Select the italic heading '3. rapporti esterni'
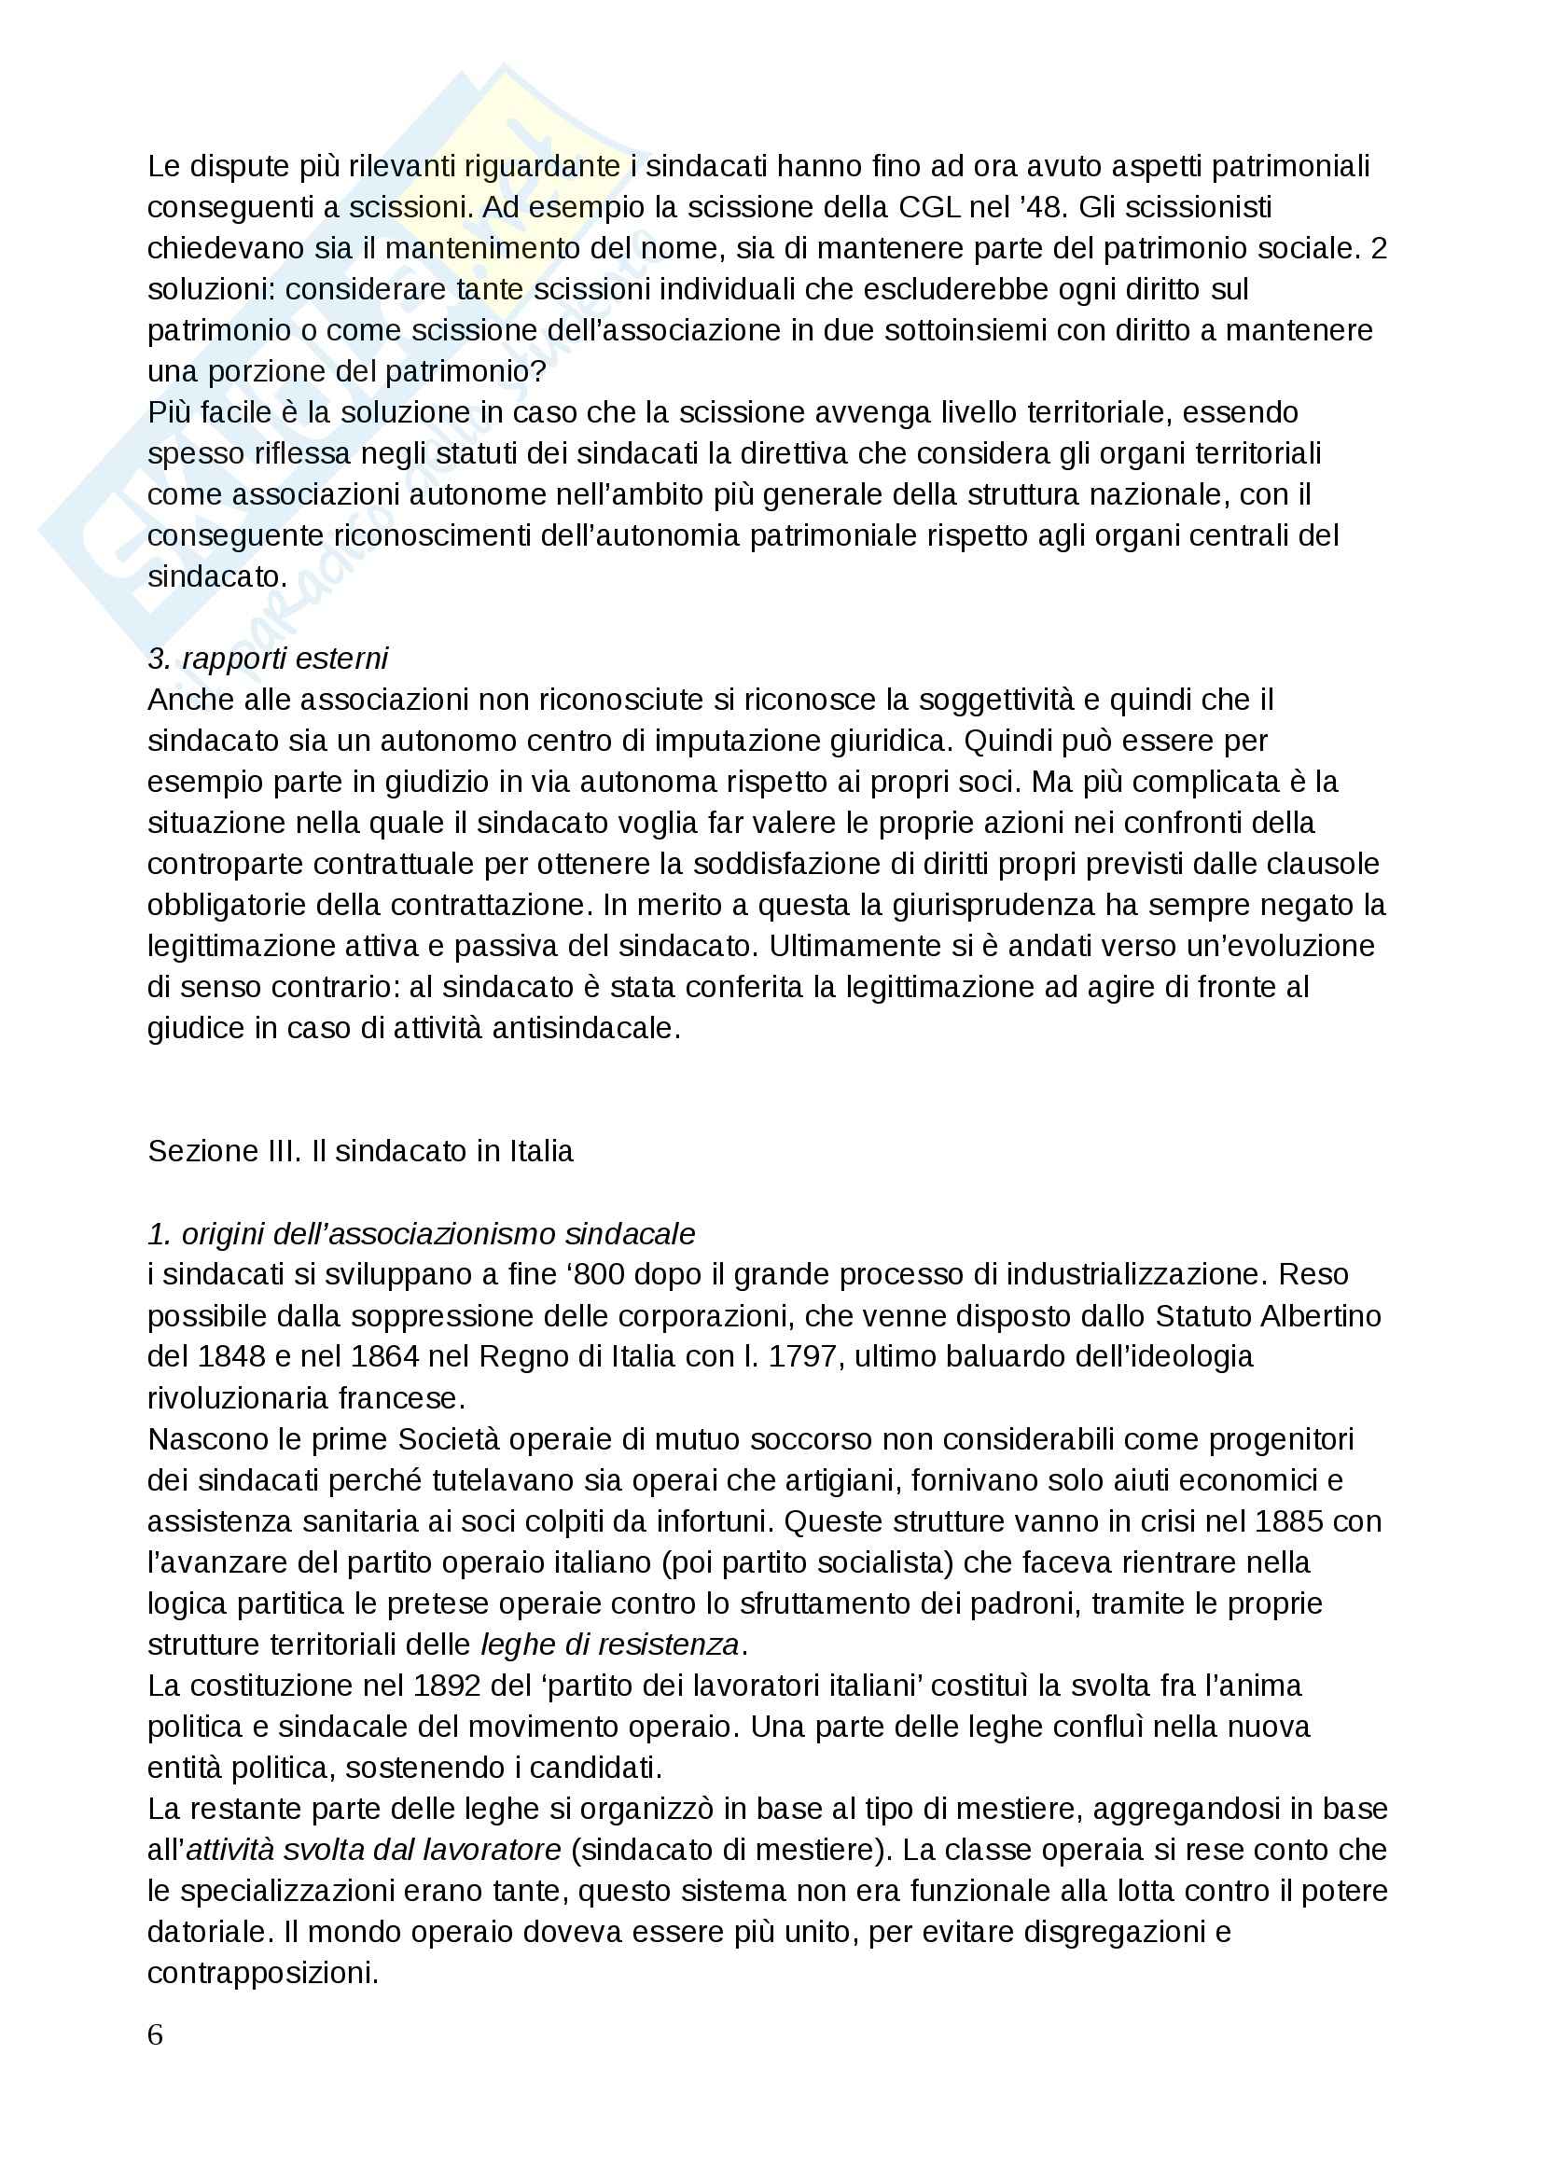click(268, 658)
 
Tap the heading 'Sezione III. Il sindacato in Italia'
click(360, 1151)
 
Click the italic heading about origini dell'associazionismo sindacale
click(421, 1233)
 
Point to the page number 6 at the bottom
click(156, 2034)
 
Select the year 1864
click(384, 1356)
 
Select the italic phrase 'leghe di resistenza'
click(609, 1644)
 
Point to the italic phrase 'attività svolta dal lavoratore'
click(374, 1850)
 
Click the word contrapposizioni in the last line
click(263, 1973)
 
